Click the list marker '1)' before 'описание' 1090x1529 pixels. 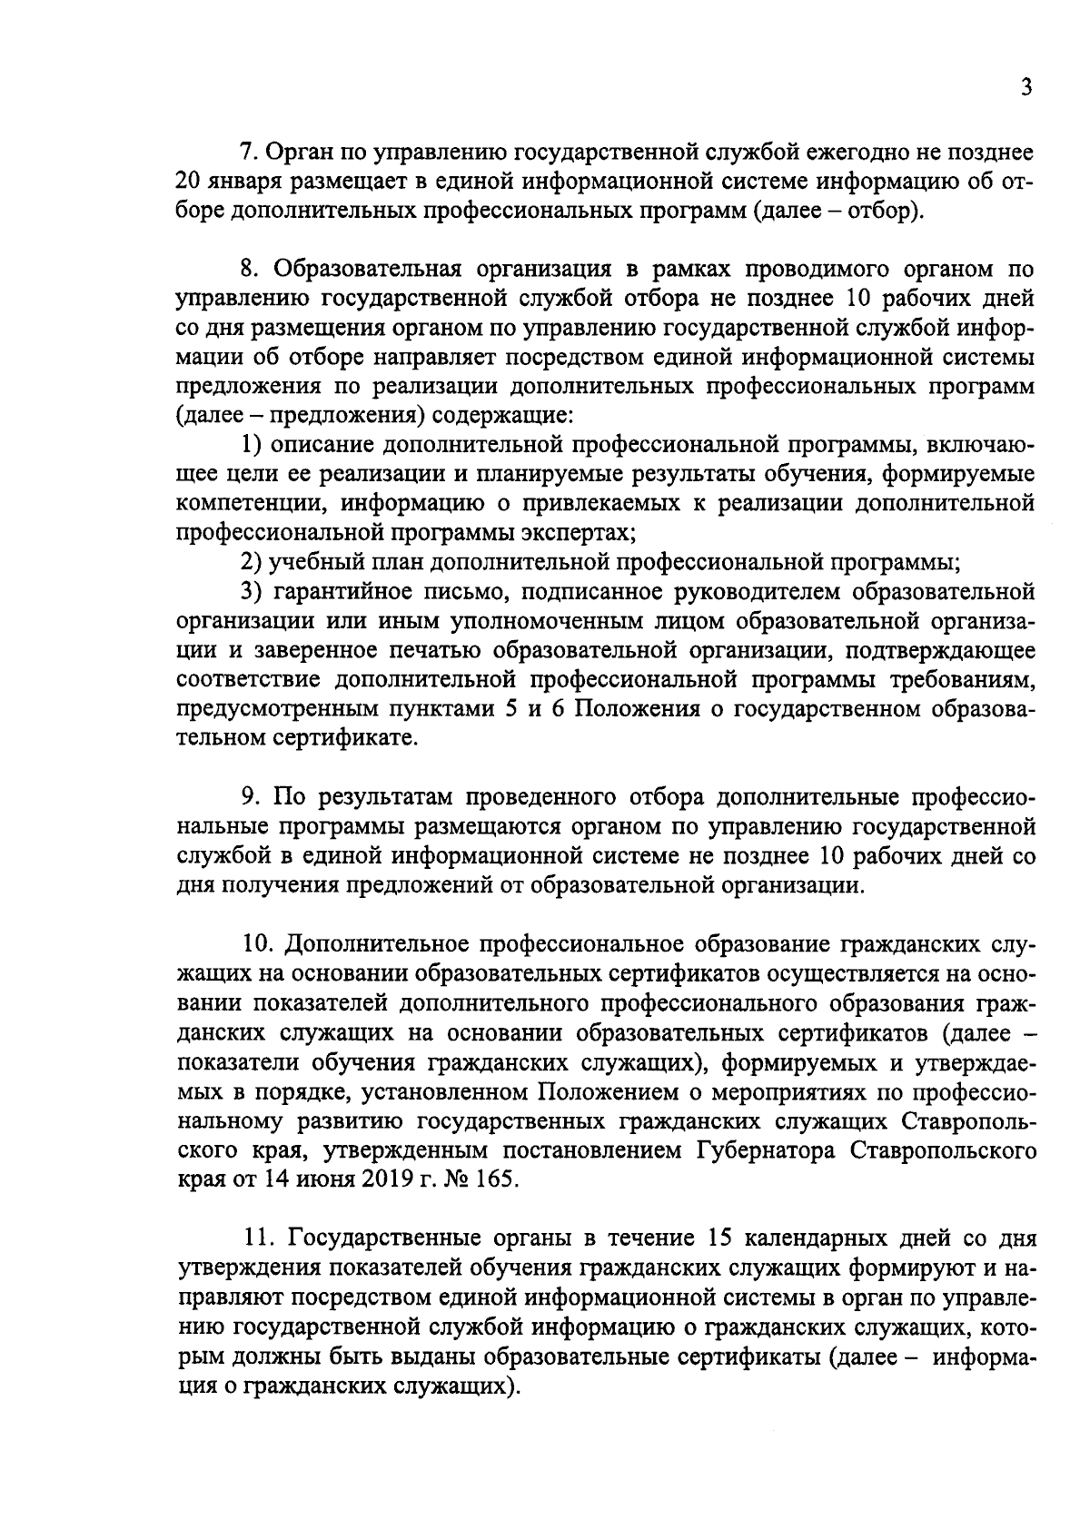click(251, 445)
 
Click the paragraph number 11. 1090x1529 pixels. click(260, 1239)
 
